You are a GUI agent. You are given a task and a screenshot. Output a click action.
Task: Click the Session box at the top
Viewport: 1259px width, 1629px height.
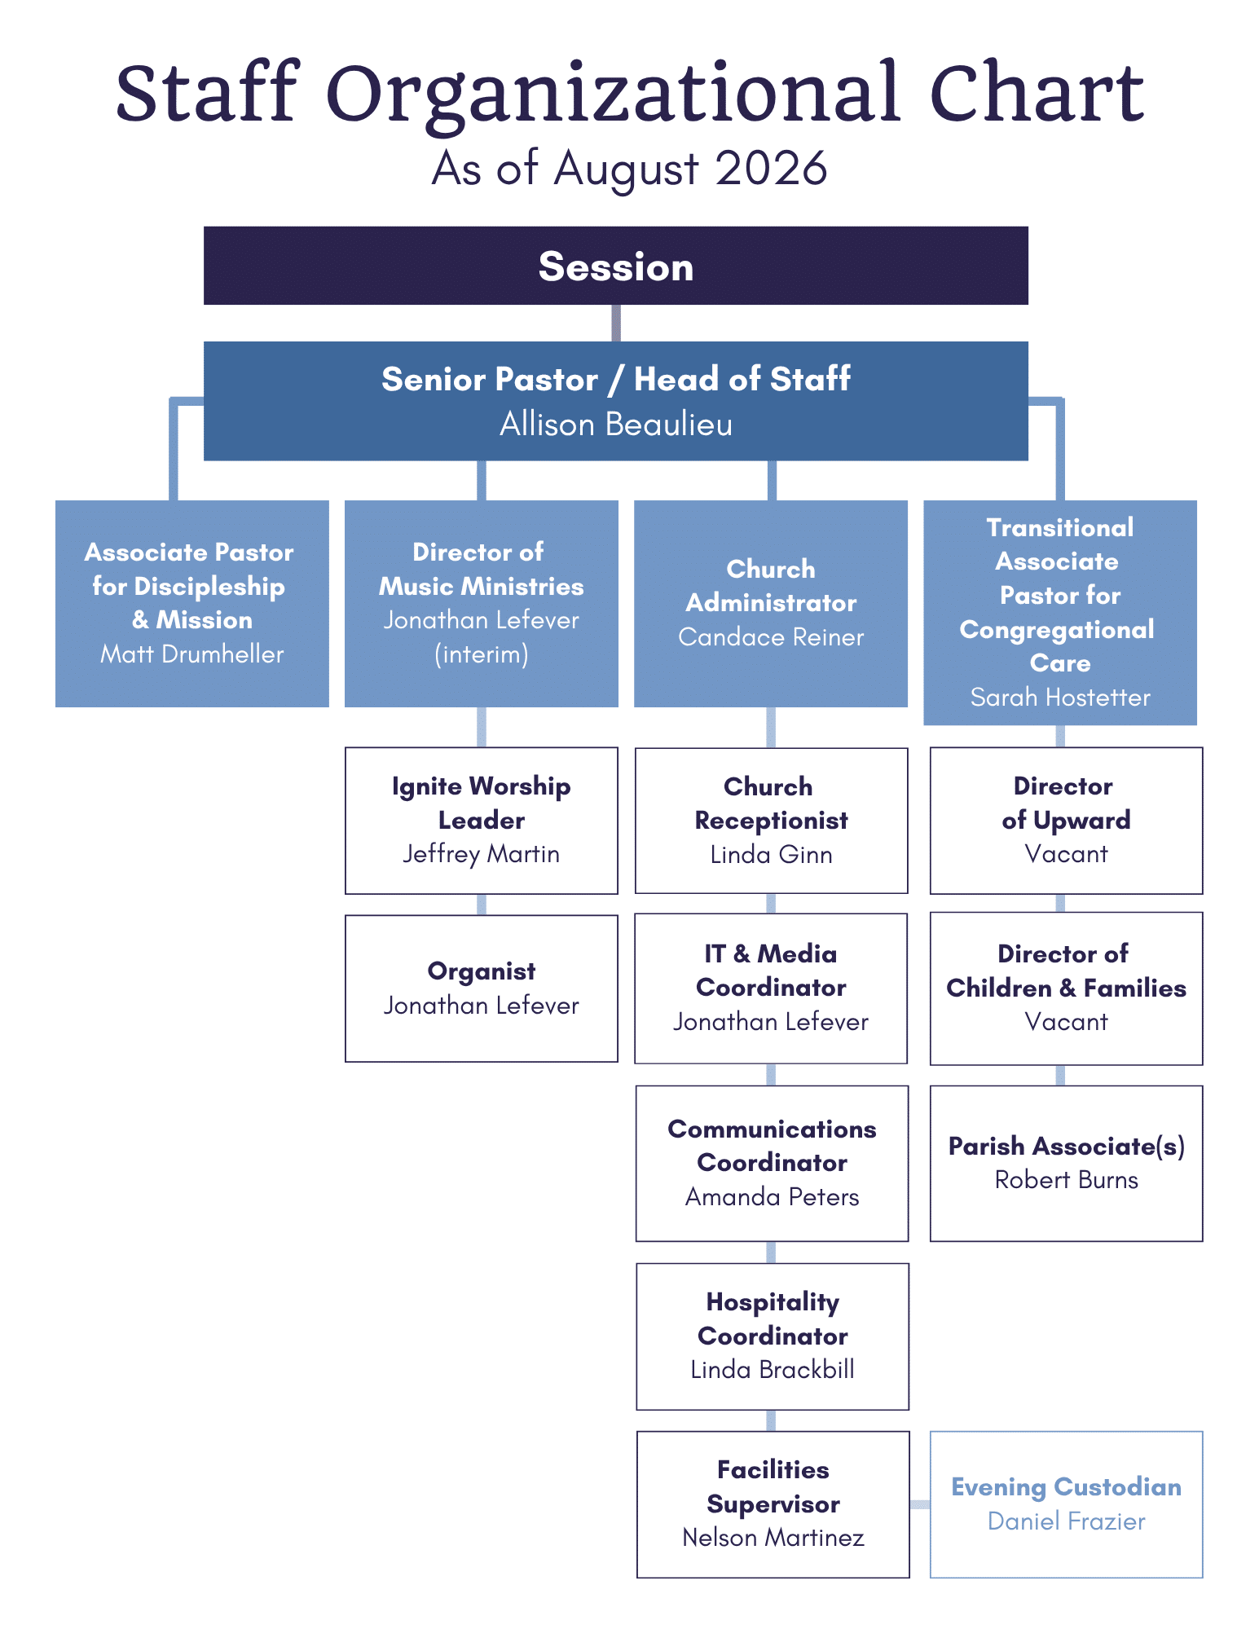click(x=615, y=266)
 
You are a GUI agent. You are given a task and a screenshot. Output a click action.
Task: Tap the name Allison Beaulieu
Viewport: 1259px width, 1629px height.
click(x=615, y=425)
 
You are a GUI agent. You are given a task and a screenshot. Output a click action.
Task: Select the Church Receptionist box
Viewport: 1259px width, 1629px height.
click(x=771, y=821)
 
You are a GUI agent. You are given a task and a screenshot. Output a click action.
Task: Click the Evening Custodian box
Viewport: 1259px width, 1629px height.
click(x=1066, y=1504)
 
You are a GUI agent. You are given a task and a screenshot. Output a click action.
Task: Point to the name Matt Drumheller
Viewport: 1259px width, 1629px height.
click(x=191, y=654)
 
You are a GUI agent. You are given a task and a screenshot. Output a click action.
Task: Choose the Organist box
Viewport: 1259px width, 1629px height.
click(x=481, y=988)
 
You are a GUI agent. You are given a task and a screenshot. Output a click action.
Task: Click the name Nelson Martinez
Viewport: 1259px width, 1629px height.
click(x=773, y=1537)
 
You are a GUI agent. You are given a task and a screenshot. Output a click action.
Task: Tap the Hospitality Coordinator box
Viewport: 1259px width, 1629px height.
click(x=772, y=1336)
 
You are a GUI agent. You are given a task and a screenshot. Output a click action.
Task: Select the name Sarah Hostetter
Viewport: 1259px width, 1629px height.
click(x=1060, y=697)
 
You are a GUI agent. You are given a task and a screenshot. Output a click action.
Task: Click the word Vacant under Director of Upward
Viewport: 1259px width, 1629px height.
click(x=1066, y=854)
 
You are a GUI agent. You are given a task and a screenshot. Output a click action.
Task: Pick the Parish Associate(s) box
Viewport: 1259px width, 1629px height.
click(x=1066, y=1163)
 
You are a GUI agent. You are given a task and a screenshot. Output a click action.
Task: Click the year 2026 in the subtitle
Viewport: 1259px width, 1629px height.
click(x=771, y=169)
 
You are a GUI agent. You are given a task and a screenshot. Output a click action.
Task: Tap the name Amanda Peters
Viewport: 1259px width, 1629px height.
click(x=772, y=1196)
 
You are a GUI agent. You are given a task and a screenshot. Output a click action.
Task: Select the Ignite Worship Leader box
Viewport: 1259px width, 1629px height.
click(x=481, y=821)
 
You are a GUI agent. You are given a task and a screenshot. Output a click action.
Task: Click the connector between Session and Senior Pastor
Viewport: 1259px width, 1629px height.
click(x=616, y=323)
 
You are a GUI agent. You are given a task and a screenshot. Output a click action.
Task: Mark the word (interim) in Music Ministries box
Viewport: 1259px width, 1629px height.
click(x=481, y=654)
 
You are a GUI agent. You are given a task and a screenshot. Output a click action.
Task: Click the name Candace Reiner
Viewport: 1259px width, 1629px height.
click(x=771, y=636)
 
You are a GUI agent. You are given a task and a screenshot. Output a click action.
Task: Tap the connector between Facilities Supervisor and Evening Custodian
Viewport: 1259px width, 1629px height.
click(x=919, y=1504)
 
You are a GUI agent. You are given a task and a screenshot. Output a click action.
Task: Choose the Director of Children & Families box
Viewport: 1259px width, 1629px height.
click(x=1066, y=988)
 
